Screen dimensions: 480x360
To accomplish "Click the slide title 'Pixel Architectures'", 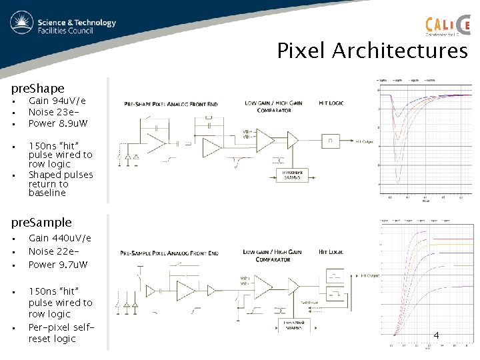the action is pos(373,51).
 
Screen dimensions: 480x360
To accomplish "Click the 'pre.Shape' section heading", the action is pos(38,88).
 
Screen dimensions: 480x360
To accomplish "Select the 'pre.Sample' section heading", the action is pos(41,222).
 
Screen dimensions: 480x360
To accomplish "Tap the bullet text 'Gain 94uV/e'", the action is pos(57,101).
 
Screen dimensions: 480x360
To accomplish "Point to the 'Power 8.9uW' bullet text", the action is pos(58,123).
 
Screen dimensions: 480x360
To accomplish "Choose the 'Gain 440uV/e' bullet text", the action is pos(60,238).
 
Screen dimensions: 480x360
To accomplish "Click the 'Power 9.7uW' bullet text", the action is pos(58,265).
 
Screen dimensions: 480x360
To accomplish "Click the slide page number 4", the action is pos(436,335).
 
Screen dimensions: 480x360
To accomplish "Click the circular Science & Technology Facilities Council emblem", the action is pos(22,24).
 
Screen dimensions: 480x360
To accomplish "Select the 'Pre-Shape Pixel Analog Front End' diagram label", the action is pos(171,105).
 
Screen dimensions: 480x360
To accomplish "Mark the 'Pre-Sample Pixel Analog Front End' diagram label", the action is pos(169,253).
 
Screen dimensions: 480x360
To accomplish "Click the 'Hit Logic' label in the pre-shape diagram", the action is pos(331,103).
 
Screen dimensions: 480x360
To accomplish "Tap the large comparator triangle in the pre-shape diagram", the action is pos(266,141).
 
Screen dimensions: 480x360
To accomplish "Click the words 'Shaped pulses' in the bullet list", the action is pos(61,175).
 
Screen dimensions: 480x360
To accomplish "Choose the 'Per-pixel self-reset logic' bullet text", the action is pos(60,333).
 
